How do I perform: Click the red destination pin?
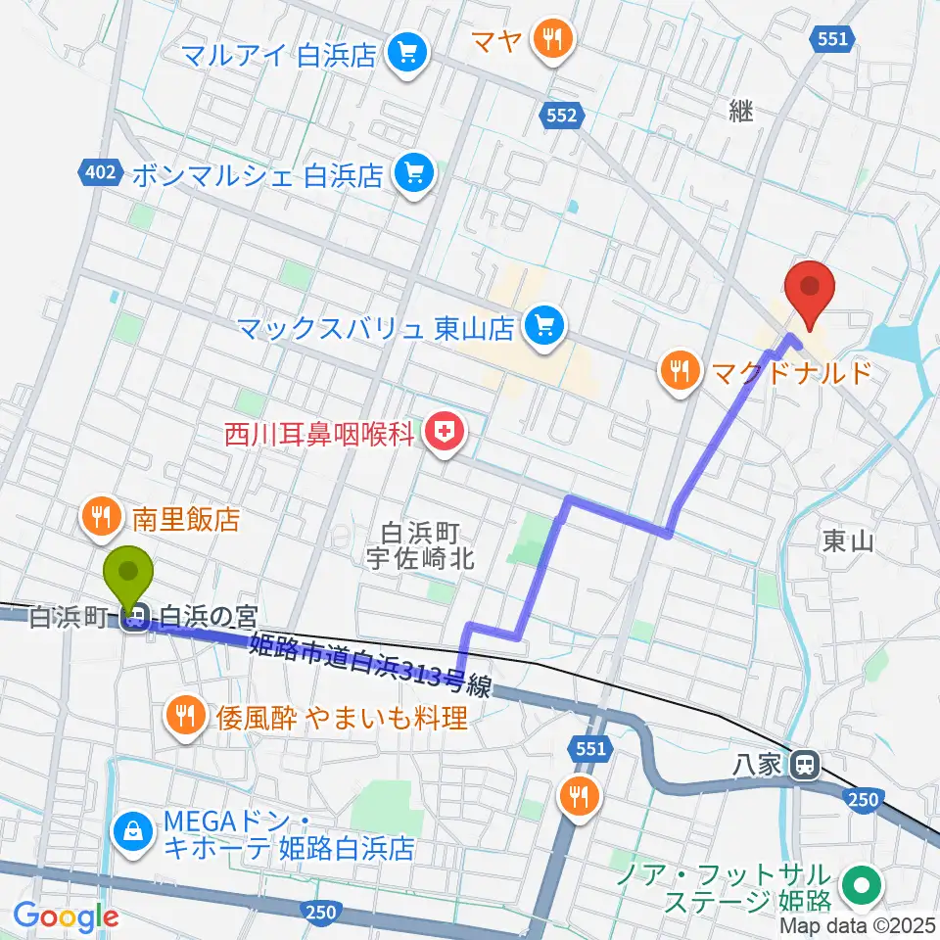point(810,294)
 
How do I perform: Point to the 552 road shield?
point(563,116)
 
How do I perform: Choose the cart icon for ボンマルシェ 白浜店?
point(412,175)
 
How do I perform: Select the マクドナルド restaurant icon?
point(679,371)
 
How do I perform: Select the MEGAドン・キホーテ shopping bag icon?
point(130,832)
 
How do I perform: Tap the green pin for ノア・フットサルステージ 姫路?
point(862,886)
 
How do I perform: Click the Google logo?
point(66,917)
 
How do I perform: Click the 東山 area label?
point(848,540)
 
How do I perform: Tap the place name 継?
point(741,112)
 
